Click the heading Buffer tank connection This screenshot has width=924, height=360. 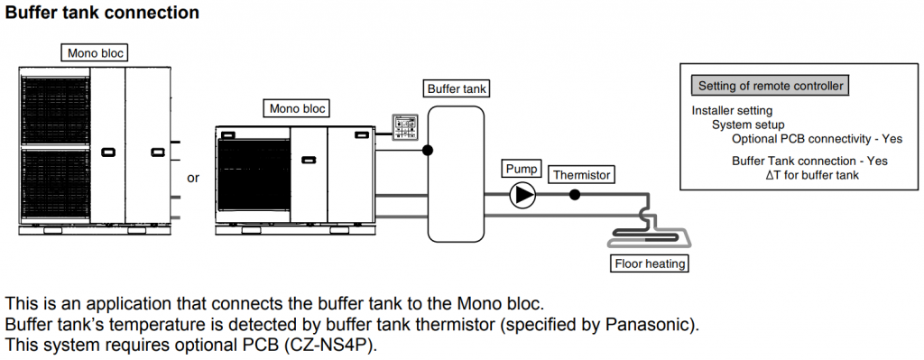click(101, 13)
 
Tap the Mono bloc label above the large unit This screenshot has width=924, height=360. click(96, 53)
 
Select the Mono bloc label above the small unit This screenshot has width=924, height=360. click(298, 108)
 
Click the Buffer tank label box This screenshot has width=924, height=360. click(457, 89)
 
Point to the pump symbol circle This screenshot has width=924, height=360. click(522, 195)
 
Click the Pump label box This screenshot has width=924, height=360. click(522, 169)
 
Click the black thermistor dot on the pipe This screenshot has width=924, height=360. click(575, 195)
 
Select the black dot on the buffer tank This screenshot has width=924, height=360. click(428, 151)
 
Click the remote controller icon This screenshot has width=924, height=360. click(405, 126)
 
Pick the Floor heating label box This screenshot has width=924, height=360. click(650, 263)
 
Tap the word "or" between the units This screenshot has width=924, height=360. click(193, 178)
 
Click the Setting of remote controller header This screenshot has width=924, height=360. click(771, 86)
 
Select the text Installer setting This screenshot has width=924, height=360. click(732, 111)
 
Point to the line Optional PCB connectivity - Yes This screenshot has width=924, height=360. click(818, 140)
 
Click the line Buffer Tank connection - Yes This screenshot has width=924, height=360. click(809, 161)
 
